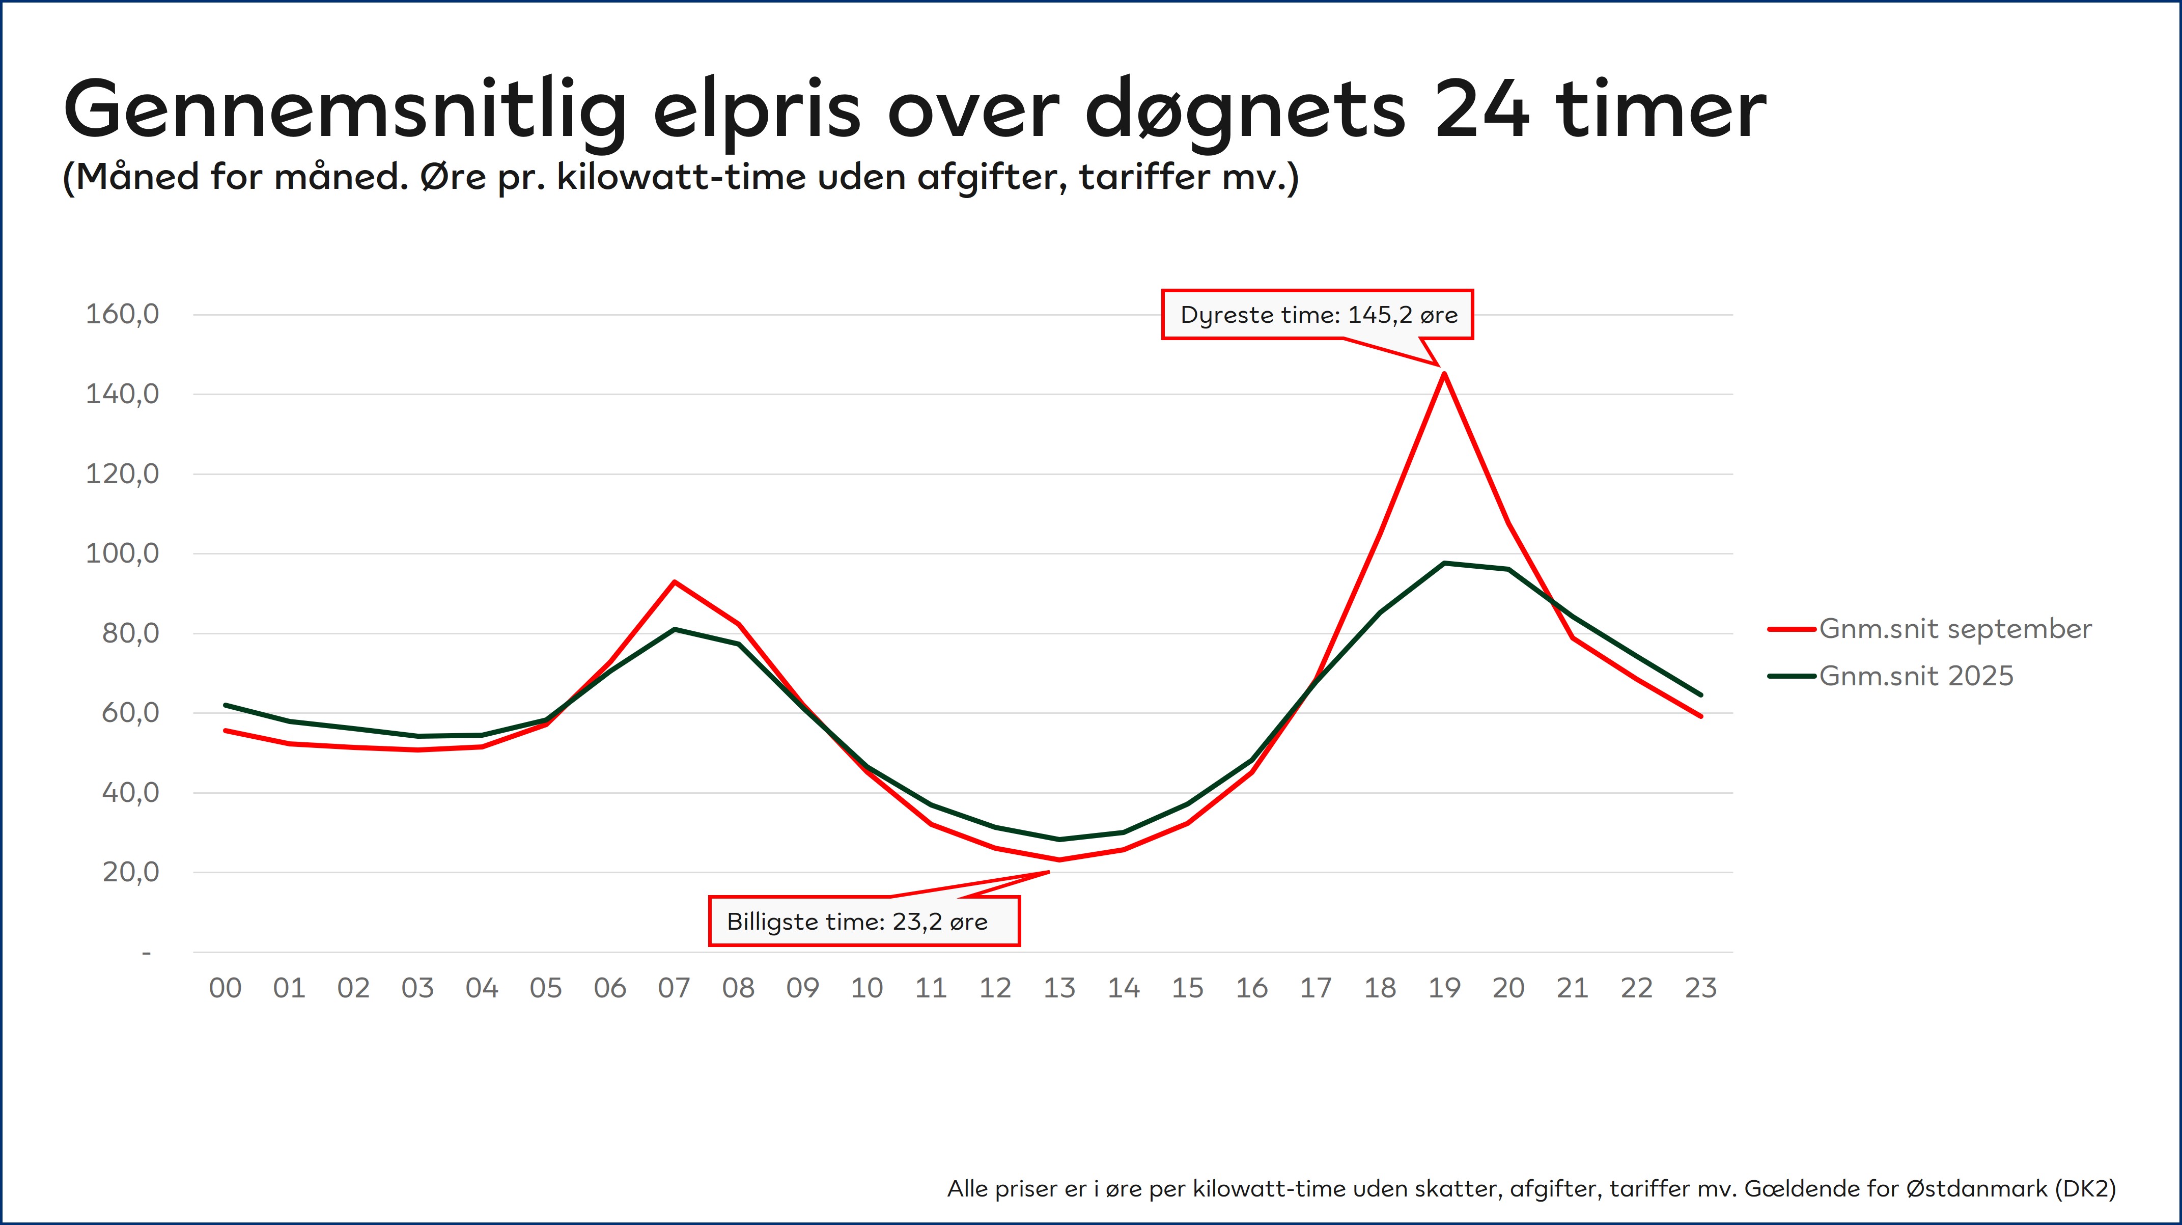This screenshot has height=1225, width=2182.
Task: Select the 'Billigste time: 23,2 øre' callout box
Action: tap(864, 922)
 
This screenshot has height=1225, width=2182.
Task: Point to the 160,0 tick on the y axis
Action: tap(122, 314)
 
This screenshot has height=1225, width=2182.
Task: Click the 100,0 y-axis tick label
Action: tap(122, 553)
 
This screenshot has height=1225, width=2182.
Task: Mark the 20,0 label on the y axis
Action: tap(130, 872)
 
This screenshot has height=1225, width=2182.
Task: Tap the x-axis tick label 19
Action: tap(1444, 988)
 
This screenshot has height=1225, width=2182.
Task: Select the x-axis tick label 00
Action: tap(226, 988)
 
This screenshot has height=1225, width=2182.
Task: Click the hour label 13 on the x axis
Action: tap(1059, 988)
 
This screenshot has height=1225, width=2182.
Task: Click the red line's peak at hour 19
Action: tap(1444, 374)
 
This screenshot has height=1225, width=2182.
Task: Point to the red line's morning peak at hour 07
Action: tap(674, 582)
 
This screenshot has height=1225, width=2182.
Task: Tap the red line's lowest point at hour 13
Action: tap(1059, 860)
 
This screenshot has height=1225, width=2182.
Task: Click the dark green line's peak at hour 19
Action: tap(1444, 563)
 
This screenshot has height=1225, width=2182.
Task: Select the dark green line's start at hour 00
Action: tap(226, 705)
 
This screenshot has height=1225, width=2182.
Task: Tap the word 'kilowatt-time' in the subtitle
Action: tap(681, 177)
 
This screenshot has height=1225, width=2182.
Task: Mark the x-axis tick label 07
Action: tap(674, 988)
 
